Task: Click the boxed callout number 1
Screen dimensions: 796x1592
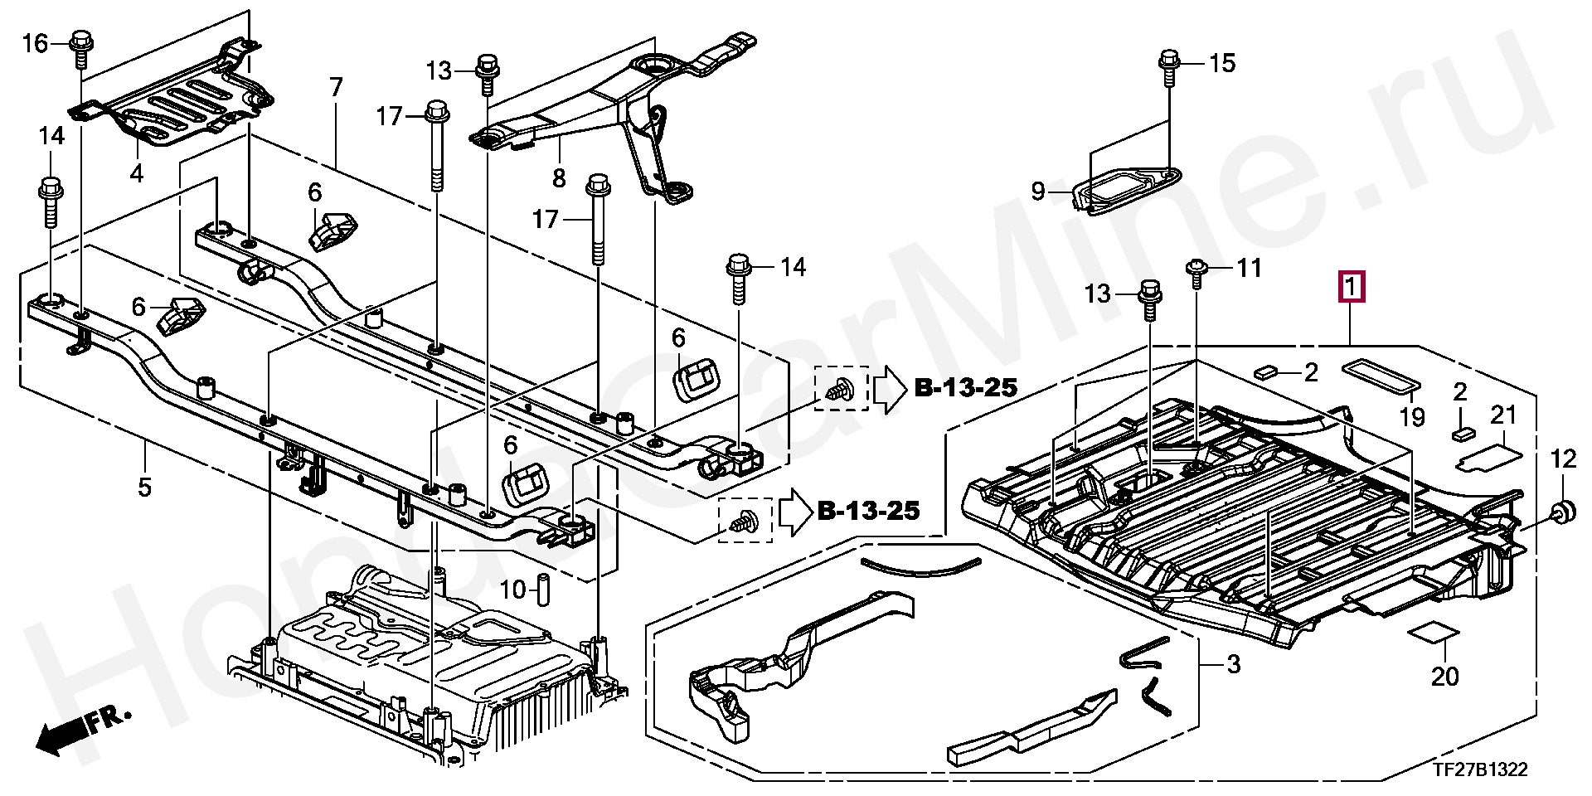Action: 1351,289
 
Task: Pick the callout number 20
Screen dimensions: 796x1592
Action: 1444,676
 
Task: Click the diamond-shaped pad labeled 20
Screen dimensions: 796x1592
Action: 1434,635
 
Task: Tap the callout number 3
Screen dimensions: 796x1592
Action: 1233,664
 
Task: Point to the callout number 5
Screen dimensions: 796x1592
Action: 144,487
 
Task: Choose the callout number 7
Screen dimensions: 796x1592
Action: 336,87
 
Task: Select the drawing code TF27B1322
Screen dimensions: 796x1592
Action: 1480,770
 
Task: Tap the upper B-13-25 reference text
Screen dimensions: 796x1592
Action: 966,387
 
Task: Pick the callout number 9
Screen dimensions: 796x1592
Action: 1039,192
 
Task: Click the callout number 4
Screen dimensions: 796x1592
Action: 137,173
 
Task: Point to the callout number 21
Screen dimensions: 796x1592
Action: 1503,415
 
